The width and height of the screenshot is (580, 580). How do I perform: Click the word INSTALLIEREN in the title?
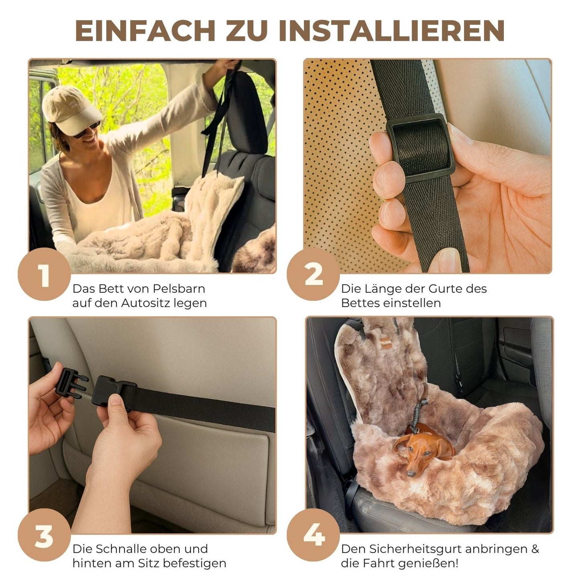[x=391, y=30]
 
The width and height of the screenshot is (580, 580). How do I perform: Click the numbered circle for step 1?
[x=44, y=275]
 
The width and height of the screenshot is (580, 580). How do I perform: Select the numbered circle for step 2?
[x=313, y=275]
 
